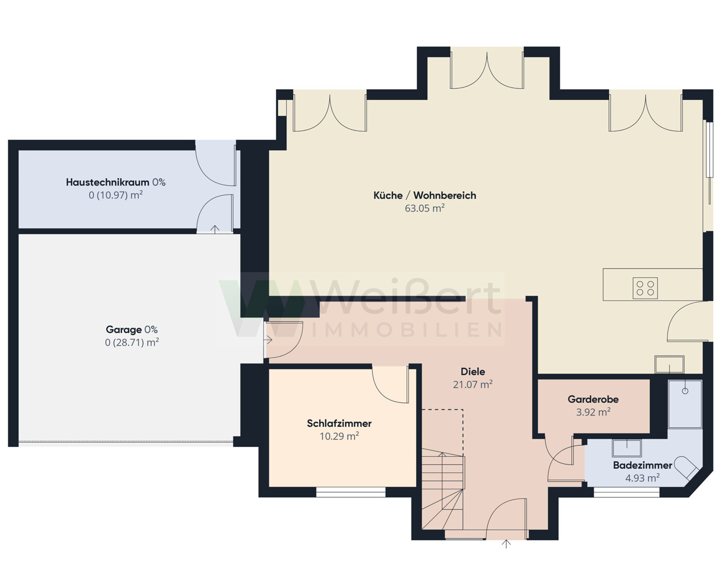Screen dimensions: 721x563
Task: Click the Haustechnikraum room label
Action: pyautogui.click(x=108, y=182)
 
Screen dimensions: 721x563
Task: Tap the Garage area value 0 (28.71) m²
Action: pyautogui.click(x=132, y=342)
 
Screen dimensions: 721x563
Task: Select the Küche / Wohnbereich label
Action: pyautogui.click(x=424, y=195)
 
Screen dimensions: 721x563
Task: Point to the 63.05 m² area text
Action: pyautogui.click(x=424, y=208)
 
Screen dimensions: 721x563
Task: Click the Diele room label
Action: pyautogui.click(x=473, y=372)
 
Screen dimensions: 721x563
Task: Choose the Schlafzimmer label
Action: pyautogui.click(x=339, y=423)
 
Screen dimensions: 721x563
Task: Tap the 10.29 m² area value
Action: pyautogui.click(x=339, y=436)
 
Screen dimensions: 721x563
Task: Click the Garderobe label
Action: pyautogui.click(x=593, y=399)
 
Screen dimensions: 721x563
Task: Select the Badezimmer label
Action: pyautogui.click(x=642, y=465)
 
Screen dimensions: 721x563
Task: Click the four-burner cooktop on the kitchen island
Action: pyautogui.click(x=645, y=288)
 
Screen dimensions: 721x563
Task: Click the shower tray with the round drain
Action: pyautogui.click(x=685, y=404)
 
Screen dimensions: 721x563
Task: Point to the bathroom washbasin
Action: pyautogui.click(x=627, y=448)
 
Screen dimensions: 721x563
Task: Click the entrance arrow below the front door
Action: pyautogui.click(x=506, y=544)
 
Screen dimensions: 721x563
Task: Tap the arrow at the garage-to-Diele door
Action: pyautogui.click(x=269, y=340)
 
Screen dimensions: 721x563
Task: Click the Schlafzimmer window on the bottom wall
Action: pyautogui.click(x=351, y=492)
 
